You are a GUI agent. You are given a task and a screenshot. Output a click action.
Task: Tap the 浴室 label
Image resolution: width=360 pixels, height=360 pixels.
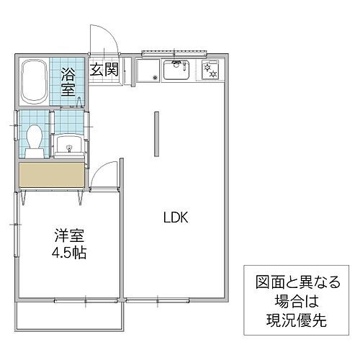(x=68, y=81)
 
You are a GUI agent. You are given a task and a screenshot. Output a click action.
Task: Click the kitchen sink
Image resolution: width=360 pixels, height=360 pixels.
(x=176, y=71)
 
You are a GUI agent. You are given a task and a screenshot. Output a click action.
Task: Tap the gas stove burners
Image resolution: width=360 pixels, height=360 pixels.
(x=212, y=71)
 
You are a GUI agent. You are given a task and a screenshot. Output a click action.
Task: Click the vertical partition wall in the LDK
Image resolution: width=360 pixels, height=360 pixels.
(x=155, y=133)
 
